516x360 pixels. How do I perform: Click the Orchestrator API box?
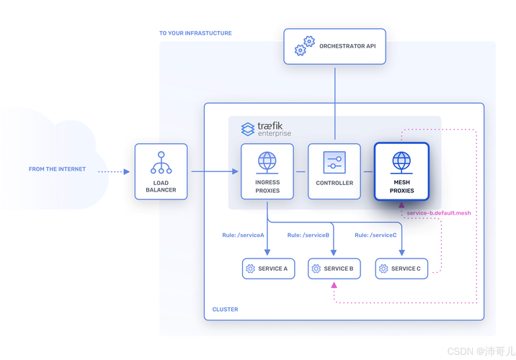[334, 47]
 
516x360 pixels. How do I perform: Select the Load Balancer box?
[160, 171]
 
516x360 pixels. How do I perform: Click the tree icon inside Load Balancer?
[160, 163]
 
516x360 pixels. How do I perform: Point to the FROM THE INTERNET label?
[57, 169]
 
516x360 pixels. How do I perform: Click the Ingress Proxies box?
[267, 171]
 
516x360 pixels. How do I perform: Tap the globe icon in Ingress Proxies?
[267, 161]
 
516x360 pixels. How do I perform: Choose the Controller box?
[334, 171]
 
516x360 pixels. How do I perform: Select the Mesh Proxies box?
[401, 171]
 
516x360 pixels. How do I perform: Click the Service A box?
[267, 269]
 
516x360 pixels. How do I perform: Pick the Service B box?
[334, 269]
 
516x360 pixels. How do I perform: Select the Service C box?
[401, 269]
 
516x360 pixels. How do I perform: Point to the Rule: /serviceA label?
[243, 235]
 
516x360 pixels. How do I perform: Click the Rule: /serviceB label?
[308, 235]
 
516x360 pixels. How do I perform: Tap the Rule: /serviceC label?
[375, 235]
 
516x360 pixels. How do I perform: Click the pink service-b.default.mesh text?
[438, 214]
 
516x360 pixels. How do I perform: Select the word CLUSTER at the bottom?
[225, 310]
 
